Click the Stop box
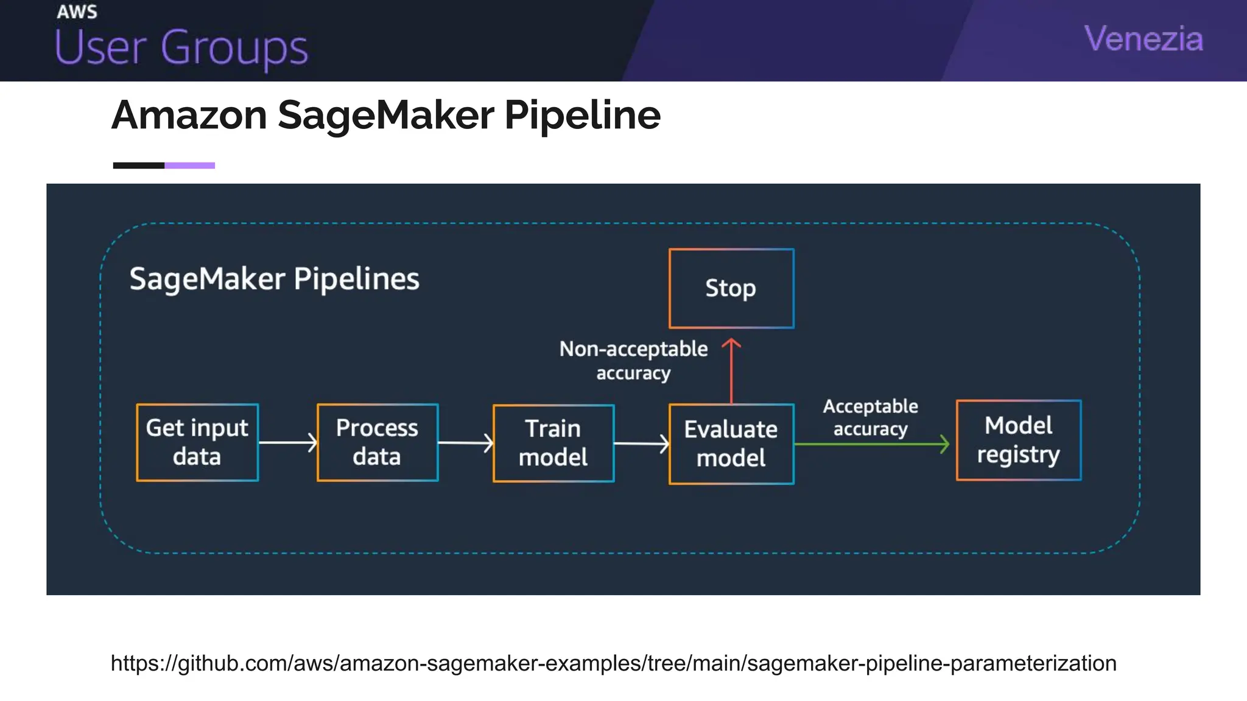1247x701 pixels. click(x=731, y=288)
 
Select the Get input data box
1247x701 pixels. click(x=197, y=442)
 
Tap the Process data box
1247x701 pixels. click(x=377, y=442)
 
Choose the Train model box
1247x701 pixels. click(x=553, y=443)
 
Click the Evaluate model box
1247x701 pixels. click(x=731, y=444)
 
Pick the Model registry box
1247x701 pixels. click(x=1018, y=440)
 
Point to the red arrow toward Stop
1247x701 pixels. click(x=731, y=371)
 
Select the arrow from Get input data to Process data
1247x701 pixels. click(x=287, y=442)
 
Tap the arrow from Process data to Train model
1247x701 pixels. click(x=465, y=443)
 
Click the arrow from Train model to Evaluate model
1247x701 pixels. click(x=641, y=444)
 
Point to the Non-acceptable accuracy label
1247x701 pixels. click(x=633, y=360)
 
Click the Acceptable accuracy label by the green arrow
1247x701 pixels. click(x=870, y=417)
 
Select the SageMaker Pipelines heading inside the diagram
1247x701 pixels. click(x=274, y=279)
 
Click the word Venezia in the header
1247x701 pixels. click(x=1143, y=39)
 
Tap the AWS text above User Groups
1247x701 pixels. click(x=77, y=12)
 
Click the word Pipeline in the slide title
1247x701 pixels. click(x=582, y=115)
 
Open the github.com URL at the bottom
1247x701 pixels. click(x=613, y=663)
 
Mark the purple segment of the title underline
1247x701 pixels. click(x=189, y=166)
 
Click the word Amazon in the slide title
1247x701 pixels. click(x=189, y=115)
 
